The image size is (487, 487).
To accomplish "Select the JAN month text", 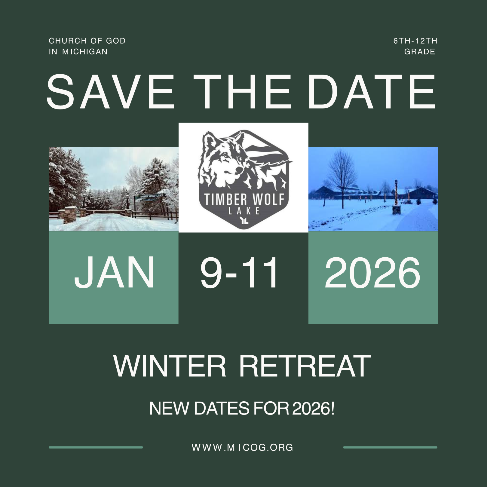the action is (114, 272).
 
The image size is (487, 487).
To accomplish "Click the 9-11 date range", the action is (239, 272).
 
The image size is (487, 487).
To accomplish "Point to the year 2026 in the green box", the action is (372, 272).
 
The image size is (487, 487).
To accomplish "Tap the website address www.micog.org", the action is (242, 447).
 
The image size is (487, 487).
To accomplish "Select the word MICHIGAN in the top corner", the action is (85, 52).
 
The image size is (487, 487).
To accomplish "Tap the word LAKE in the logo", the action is (244, 211).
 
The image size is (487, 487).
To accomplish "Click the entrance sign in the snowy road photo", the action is (149, 196).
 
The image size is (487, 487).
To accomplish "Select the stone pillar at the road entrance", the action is (70, 214).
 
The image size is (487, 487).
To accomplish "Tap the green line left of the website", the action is (96, 447).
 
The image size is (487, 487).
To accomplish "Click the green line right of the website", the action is (390, 447).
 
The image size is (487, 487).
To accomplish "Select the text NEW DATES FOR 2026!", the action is (242, 408).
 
